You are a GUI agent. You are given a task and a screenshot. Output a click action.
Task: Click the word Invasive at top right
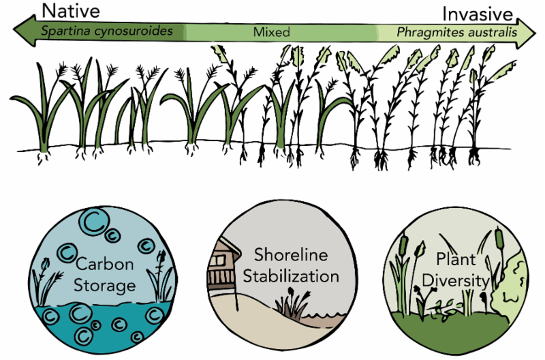(x=476, y=13)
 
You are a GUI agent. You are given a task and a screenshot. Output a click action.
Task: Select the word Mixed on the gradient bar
(x=271, y=32)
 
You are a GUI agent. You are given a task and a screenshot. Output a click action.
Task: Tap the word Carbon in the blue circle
(x=105, y=265)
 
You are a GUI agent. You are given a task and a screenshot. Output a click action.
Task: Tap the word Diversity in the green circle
(x=456, y=280)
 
